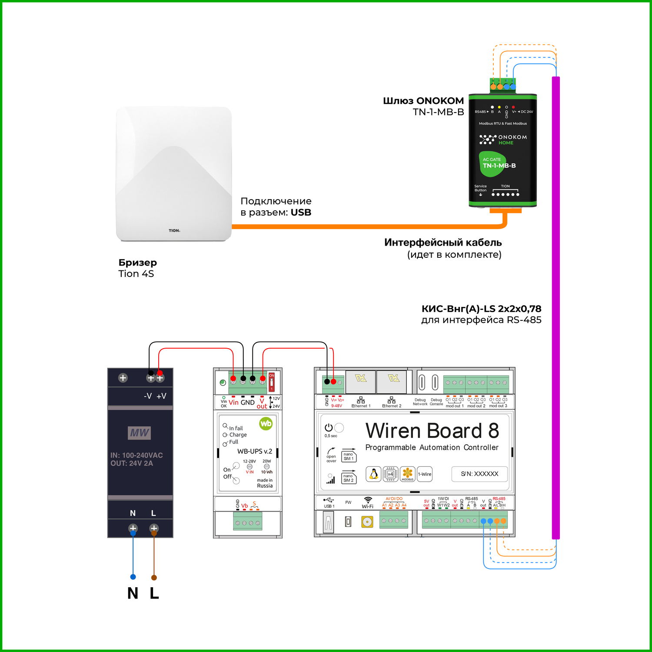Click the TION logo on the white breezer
coord(174,230)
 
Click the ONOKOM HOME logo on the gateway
coord(503,140)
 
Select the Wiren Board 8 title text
coord(432,431)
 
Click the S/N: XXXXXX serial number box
coord(479,474)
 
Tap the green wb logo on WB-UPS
coord(266,423)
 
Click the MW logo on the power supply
coord(140,432)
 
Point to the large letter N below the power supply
coord(133,593)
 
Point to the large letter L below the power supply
coord(154,593)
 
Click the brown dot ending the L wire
coord(154,578)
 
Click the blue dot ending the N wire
coord(133,577)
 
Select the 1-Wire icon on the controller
coord(425,474)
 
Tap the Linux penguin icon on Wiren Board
coord(373,474)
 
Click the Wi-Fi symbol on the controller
coord(368,500)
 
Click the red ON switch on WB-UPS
coord(272,382)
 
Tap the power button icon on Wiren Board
coord(329,428)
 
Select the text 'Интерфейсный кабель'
coord(443,243)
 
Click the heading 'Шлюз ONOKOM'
coord(423,101)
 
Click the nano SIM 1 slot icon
coord(349,456)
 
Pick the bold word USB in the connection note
coord(301,213)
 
